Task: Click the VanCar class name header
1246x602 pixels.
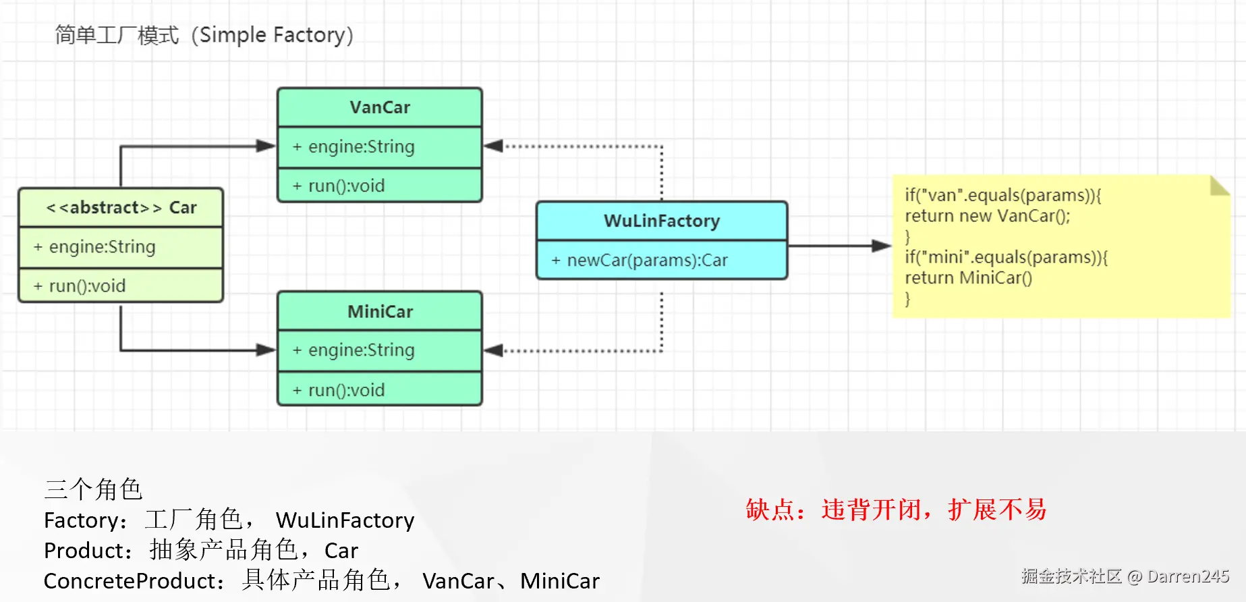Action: pyautogui.click(x=380, y=107)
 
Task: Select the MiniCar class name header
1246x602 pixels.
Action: pyautogui.click(x=380, y=311)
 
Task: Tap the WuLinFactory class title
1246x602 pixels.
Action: pyautogui.click(x=662, y=221)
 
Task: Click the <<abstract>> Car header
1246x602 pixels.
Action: pyautogui.click(x=121, y=207)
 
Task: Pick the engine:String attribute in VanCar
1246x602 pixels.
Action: pyautogui.click(x=361, y=146)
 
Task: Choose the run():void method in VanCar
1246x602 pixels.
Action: pyautogui.click(x=346, y=186)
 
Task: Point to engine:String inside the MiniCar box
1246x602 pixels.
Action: pyautogui.click(x=361, y=350)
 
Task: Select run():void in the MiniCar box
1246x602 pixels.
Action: pyautogui.click(x=346, y=390)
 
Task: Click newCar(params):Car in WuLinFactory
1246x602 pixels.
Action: pyautogui.click(x=647, y=260)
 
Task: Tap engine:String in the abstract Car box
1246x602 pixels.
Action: pyautogui.click(x=102, y=247)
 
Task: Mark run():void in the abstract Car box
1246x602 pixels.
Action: pyautogui.click(x=87, y=286)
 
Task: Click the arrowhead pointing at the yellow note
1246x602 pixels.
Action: pyautogui.click(x=881, y=246)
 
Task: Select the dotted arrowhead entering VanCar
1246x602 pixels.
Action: pyautogui.click(x=494, y=146)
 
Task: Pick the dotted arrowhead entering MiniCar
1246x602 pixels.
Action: pyautogui.click(x=494, y=350)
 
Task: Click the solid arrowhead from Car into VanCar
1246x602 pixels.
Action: pyautogui.click(x=266, y=146)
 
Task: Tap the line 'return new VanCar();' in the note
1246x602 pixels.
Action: pyautogui.click(x=987, y=216)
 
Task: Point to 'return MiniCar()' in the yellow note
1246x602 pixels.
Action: pyautogui.click(x=968, y=278)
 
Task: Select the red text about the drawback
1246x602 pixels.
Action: pyautogui.click(x=895, y=510)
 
